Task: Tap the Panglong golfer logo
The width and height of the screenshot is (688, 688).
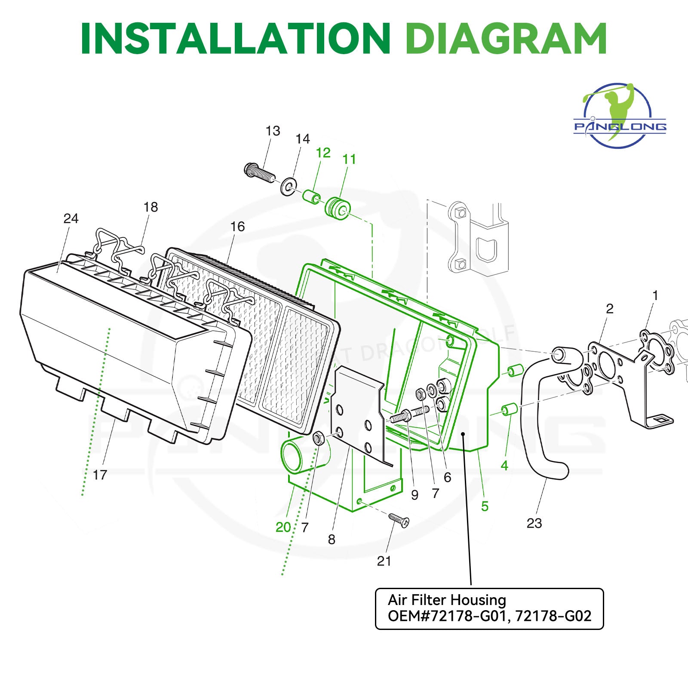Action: tap(620, 115)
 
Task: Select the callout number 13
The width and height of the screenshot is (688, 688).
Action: tap(273, 131)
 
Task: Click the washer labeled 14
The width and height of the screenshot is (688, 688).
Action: tap(289, 186)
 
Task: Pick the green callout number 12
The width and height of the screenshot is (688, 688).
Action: tap(323, 153)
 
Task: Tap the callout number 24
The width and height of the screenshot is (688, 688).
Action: tap(71, 218)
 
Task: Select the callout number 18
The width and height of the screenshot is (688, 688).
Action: tap(150, 207)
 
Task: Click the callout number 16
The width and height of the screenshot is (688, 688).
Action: tap(237, 227)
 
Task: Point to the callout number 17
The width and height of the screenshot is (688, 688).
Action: tap(100, 475)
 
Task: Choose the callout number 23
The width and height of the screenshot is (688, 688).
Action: tap(534, 523)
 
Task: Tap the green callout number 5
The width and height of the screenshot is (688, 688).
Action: tap(485, 506)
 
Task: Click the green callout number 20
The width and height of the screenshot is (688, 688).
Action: tap(283, 527)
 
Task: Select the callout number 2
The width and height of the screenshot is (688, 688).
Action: tap(609, 308)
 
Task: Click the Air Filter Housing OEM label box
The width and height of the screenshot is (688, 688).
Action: tap(489, 608)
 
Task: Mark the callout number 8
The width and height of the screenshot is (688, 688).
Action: tap(332, 539)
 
